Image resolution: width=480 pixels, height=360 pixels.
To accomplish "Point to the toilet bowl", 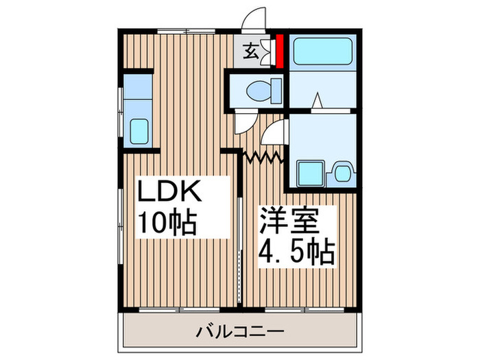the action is click(x=261, y=89).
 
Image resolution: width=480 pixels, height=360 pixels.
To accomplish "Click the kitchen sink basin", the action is click(x=139, y=130).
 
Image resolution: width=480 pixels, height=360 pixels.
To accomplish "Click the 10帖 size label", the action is click(x=168, y=223).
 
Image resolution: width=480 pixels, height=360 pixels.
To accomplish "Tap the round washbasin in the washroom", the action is click(x=341, y=171).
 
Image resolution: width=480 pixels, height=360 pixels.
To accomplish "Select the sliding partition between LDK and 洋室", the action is click(x=239, y=247).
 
